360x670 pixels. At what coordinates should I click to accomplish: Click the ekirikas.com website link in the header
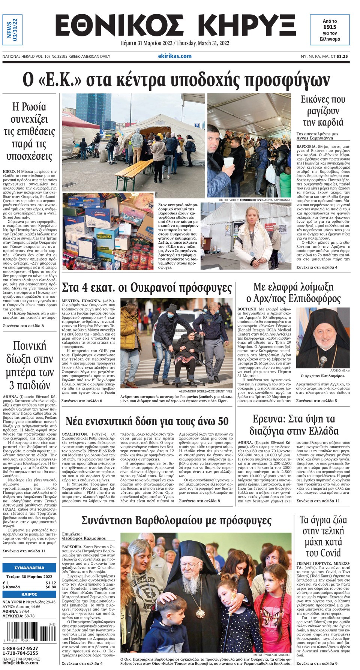point(175,56)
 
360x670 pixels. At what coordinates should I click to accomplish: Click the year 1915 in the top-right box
point(330,27)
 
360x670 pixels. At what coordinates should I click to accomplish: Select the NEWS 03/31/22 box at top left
point(12,30)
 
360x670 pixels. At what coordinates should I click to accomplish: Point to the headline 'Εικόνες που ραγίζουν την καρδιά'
point(322,111)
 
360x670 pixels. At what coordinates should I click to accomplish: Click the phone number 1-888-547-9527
point(20,648)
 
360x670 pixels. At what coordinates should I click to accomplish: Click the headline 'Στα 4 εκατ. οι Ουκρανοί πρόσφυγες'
point(147,288)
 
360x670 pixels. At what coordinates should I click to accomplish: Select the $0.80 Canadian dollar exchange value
point(51,587)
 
